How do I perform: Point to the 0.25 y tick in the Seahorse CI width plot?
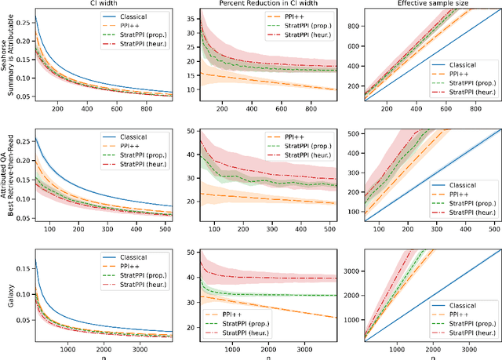point(22,24)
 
